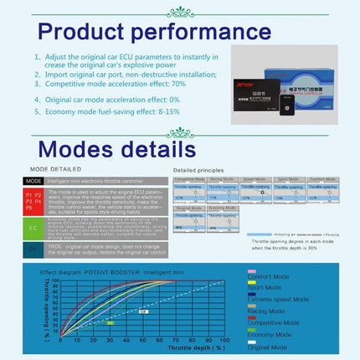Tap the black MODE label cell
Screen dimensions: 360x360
33,180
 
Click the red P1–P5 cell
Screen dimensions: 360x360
33,201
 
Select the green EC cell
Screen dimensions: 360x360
33,227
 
